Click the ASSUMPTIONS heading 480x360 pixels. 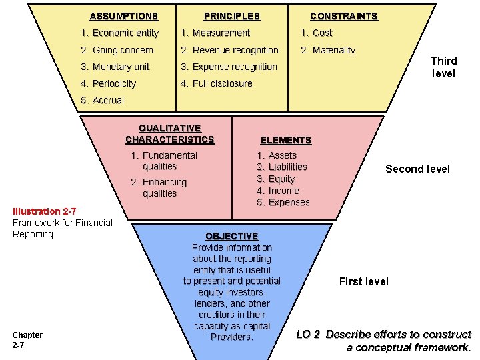(123, 16)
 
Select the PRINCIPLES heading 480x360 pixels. (231, 16)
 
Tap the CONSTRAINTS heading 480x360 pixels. (343, 16)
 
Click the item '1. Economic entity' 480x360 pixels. (119, 33)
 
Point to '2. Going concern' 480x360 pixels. (117, 50)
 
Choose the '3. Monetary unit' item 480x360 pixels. (115, 67)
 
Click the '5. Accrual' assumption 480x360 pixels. (102, 100)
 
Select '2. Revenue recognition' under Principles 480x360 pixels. (229, 50)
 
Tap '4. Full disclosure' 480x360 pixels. (217, 83)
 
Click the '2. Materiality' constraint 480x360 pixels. (328, 50)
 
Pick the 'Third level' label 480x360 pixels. (443, 67)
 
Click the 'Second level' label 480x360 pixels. (417, 169)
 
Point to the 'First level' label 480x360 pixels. (363, 281)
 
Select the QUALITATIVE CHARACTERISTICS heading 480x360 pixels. (169, 133)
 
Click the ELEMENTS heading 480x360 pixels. (285, 140)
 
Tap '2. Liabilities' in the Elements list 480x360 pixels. (282, 167)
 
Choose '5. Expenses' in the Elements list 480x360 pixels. (283, 202)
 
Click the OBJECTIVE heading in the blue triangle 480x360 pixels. (231, 236)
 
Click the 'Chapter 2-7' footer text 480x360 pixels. (27, 339)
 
